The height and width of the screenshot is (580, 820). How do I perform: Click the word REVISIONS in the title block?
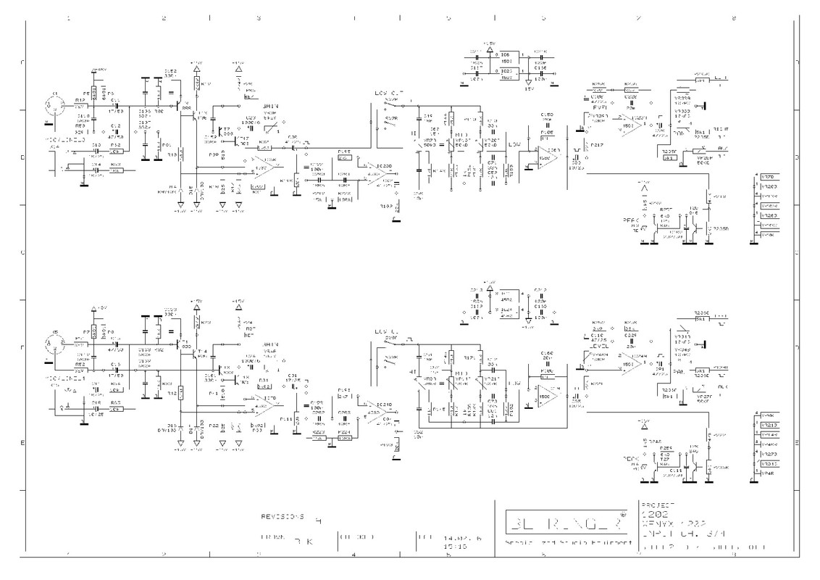point(283,516)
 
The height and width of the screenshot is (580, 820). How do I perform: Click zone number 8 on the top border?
point(734,17)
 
